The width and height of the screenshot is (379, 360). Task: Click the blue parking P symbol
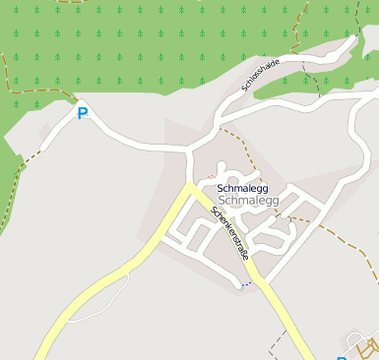click(83, 114)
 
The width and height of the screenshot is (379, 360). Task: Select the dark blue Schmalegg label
click(242, 188)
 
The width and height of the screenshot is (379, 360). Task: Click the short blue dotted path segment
click(245, 284)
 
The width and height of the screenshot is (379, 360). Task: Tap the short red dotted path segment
click(210, 177)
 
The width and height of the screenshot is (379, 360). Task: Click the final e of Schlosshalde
click(279, 61)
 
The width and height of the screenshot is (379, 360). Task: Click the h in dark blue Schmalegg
click(229, 188)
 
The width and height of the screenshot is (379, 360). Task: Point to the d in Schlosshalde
click(275, 65)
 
